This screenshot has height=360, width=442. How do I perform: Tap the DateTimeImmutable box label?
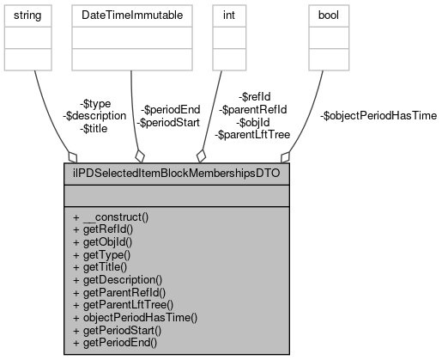tap(130, 15)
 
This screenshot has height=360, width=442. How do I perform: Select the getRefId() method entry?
tap(111, 229)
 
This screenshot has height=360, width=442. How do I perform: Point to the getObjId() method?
tap(111, 242)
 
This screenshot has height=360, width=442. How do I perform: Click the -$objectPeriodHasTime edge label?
tap(378, 115)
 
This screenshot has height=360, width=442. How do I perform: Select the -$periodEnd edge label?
tap(170, 109)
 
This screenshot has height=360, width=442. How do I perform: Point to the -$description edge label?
tap(94, 115)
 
